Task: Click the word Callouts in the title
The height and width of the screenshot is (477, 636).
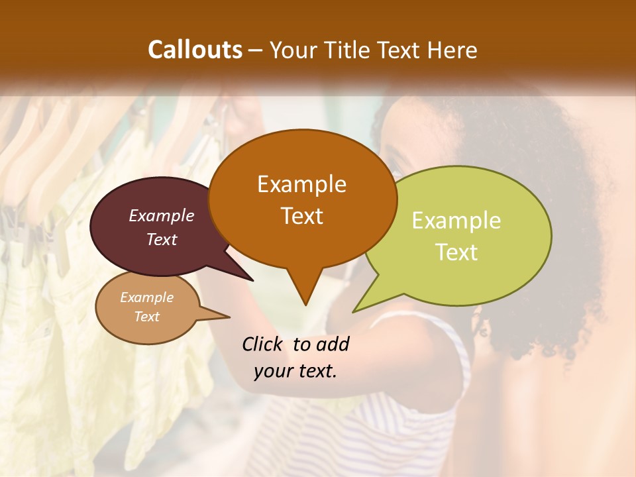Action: click(195, 50)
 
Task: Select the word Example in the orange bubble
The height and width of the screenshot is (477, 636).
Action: click(301, 184)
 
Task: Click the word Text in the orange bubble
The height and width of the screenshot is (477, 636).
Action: click(301, 216)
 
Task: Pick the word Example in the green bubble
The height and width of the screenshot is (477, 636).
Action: click(456, 221)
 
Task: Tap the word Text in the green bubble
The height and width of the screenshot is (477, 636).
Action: click(456, 252)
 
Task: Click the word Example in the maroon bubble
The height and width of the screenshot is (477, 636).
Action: click(162, 215)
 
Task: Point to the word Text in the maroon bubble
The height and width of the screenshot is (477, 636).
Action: click(162, 239)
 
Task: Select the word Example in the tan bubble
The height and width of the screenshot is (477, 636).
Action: click(146, 297)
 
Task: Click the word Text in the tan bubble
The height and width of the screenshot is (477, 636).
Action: click(146, 317)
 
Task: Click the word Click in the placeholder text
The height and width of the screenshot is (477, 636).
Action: click(264, 344)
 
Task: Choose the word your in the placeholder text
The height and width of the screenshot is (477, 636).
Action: click(272, 372)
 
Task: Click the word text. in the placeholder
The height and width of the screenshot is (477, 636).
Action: click(317, 372)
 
